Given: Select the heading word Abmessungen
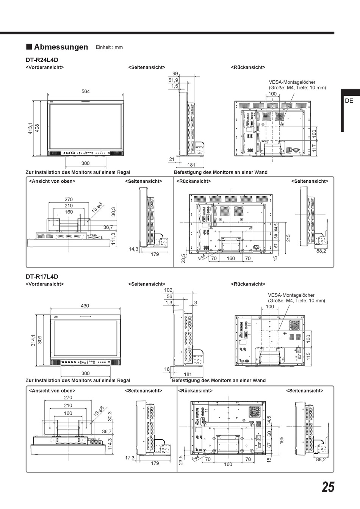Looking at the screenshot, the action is coord(61,47).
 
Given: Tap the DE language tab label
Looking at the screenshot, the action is coord(349,101).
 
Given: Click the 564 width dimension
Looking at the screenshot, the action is coord(86,91).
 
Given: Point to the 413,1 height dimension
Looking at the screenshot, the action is coord(30,128).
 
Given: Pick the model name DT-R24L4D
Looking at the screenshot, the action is coord(42,60).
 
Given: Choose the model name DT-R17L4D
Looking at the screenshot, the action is coord(42,277).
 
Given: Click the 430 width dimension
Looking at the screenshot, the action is coord(85,305).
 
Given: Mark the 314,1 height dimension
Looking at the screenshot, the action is coord(33,340).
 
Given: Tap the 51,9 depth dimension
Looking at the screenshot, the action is coord(173,80).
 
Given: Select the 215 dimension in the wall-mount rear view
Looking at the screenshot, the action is coord(288,238).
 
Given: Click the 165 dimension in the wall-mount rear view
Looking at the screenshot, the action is coord(282,440).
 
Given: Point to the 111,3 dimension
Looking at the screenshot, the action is coord(113,238).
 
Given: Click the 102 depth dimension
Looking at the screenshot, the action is coord(168,290).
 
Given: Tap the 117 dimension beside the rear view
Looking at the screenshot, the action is coord(315,148).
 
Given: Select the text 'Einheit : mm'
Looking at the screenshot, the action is coord(109,47).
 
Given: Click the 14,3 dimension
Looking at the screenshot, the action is coord(133,249).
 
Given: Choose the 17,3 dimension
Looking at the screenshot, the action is coord(130,458).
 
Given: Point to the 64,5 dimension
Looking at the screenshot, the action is coord(276,227).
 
